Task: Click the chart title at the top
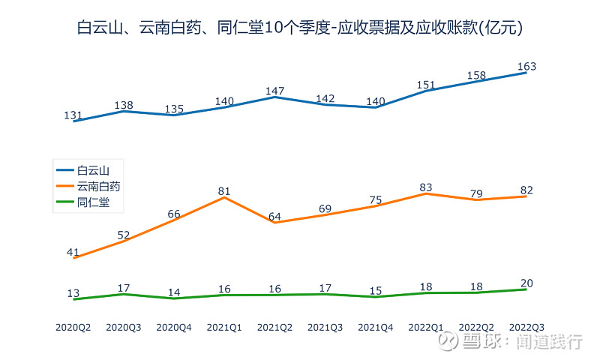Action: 300,28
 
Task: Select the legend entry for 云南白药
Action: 98,186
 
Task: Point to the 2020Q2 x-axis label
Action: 73,328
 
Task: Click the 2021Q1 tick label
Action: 224,328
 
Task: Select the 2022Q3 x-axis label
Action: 526,328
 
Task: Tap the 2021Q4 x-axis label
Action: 375,328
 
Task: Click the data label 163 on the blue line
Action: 526,67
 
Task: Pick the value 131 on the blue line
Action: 73,115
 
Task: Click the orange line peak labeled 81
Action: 224,191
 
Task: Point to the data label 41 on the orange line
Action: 73,252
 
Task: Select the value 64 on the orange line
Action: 274,217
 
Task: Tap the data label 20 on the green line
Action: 526,283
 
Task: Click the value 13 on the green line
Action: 73,293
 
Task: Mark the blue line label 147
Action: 274,91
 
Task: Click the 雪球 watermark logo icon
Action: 448,342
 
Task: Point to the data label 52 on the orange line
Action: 124,235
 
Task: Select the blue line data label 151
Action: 426,84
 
